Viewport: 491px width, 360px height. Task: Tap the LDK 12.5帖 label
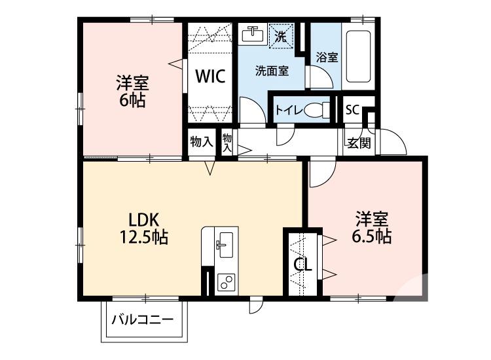(x=143, y=228)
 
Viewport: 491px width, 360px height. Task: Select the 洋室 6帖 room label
(x=132, y=92)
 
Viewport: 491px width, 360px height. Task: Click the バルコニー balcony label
(x=142, y=321)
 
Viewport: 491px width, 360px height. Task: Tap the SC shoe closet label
(x=352, y=109)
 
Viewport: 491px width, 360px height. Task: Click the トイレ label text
(x=289, y=110)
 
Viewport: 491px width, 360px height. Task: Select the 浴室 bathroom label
(x=327, y=57)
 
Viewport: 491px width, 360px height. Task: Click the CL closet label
(x=302, y=265)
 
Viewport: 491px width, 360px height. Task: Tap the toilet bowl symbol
(x=319, y=109)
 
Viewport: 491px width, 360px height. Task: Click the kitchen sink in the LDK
(x=223, y=245)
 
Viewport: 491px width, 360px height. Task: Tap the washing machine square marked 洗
(x=280, y=36)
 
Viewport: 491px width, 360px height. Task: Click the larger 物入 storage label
(x=200, y=141)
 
